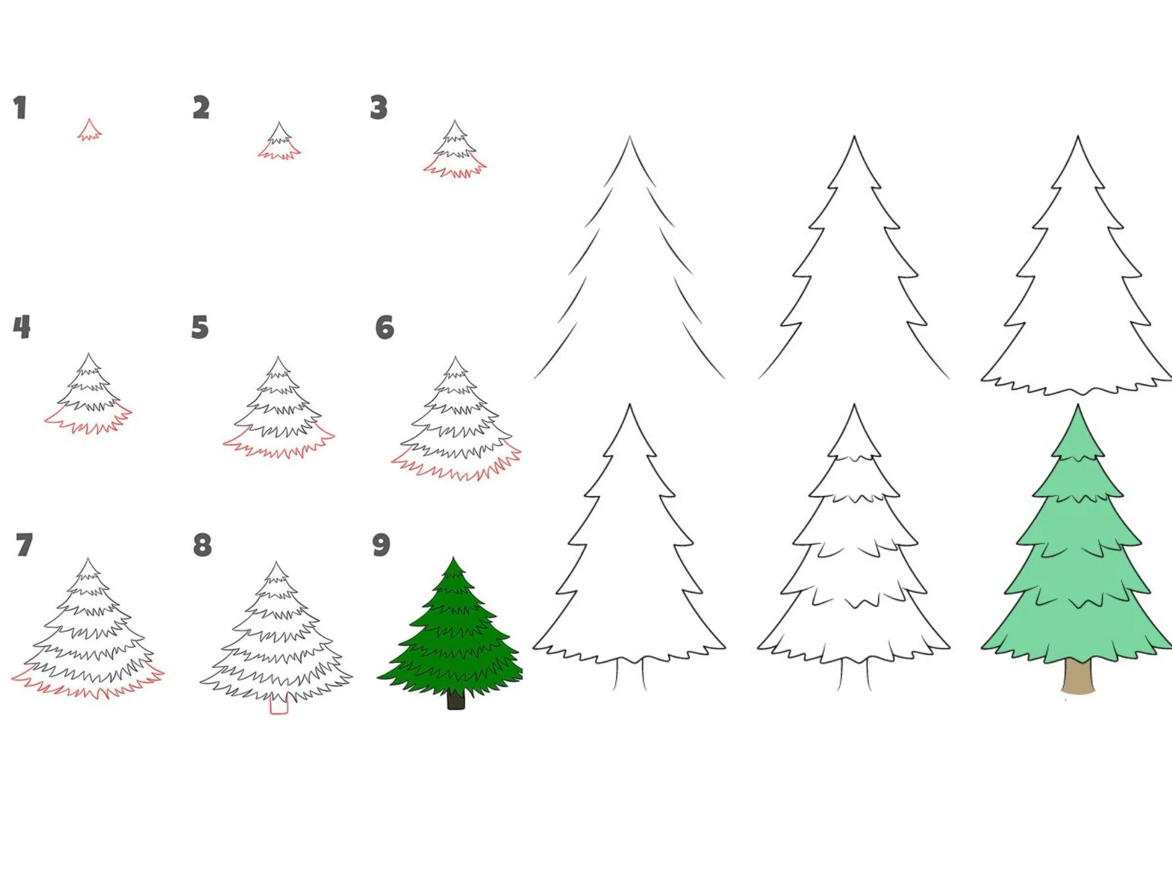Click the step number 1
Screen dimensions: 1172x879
point(21,108)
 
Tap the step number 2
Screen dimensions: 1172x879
point(201,108)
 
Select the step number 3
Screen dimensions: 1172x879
point(379,108)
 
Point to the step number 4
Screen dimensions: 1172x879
point(22,327)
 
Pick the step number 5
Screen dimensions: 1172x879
point(200,327)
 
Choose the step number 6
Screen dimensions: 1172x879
point(384,327)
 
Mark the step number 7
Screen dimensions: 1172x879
point(24,545)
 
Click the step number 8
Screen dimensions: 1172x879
point(202,545)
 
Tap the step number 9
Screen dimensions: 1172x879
point(381,545)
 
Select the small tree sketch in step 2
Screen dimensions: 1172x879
point(279,142)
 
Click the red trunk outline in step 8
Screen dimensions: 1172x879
point(279,706)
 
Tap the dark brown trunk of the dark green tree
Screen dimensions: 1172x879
point(456,699)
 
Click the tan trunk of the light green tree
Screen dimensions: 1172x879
point(1078,676)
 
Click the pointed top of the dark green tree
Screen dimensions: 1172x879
point(453,558)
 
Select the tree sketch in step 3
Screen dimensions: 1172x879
point(455,149)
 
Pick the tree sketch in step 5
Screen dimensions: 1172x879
point(278,408)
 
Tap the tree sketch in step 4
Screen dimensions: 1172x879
point(88,394)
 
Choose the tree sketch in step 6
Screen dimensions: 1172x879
point(456,419)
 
